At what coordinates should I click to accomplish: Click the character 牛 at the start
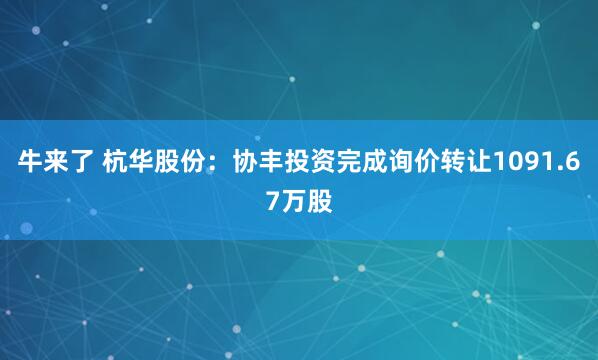(30, 163)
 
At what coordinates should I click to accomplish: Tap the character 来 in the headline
(56, 163)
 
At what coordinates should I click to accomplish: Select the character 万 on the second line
(294, 200)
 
